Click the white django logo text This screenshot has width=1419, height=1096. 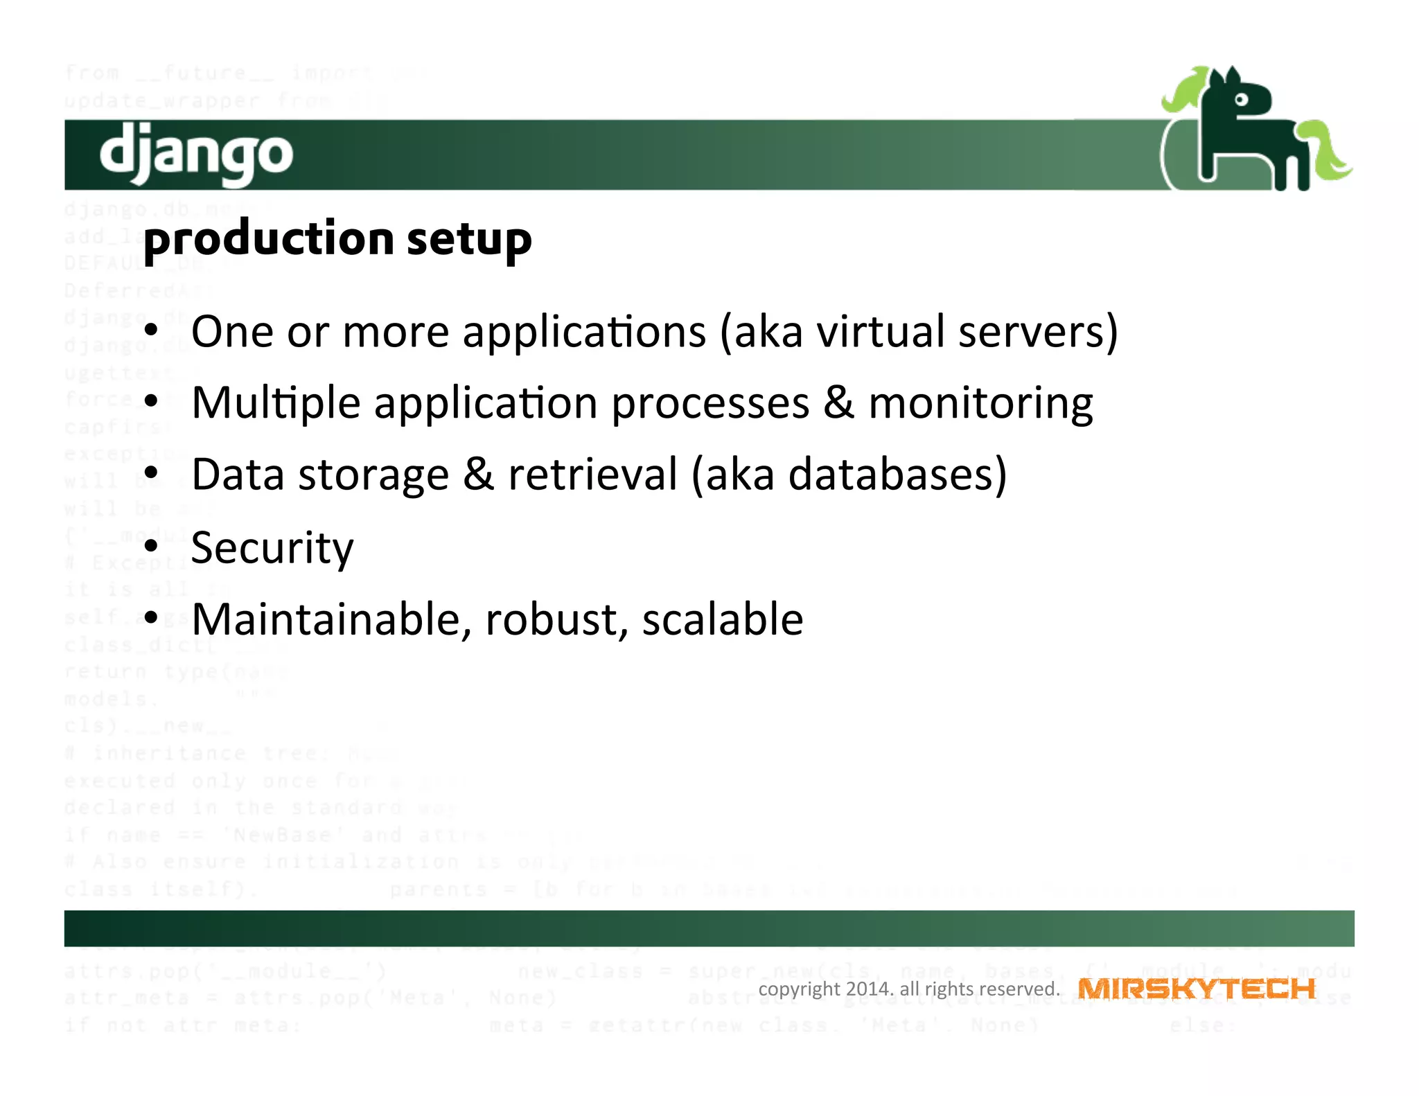coord(196,153)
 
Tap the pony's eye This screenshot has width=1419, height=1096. coord(1241,100)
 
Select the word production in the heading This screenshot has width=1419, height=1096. coord(269,239)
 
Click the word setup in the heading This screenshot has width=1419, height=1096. coord(469,239)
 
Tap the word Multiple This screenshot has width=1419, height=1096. coord(276,403)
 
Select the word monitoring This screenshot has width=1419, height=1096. coord(980,403)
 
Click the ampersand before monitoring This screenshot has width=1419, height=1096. coord(838,403)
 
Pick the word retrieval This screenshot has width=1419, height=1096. coord(592,475)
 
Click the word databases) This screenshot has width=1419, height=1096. coord(897,475)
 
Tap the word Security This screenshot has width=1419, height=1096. coord(272,548)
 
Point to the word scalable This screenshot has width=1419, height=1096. coord(723,619)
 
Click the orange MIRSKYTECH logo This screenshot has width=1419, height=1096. coord(1197,989)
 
